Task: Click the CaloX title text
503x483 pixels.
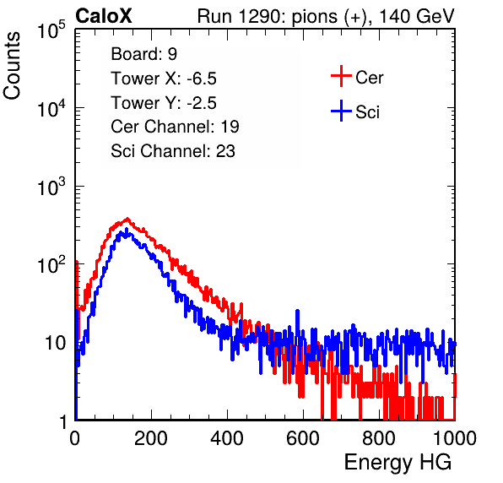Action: [104, 16]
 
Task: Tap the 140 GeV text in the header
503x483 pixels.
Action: [417, 16]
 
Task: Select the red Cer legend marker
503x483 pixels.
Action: [341, 76]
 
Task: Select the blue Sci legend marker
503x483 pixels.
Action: [341, 111]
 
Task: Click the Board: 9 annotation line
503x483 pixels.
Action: [143, 54]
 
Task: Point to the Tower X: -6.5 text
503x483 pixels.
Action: [164, 79]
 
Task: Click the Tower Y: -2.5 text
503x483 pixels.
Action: [164, 103]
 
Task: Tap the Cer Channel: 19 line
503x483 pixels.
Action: [175, 127]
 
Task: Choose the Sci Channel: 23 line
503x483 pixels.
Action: [173, 151]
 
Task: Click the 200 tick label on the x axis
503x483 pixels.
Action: [151, 438]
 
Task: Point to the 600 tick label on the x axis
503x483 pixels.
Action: [303, 438]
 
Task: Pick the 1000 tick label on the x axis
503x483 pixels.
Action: [455, 438]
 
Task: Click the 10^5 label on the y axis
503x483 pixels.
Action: [51, 30]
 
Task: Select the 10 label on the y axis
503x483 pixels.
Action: [55, 343]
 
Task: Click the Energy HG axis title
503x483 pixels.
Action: [398, 463]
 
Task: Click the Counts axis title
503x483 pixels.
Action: [12, 66]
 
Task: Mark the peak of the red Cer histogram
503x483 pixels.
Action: [127, 220]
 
